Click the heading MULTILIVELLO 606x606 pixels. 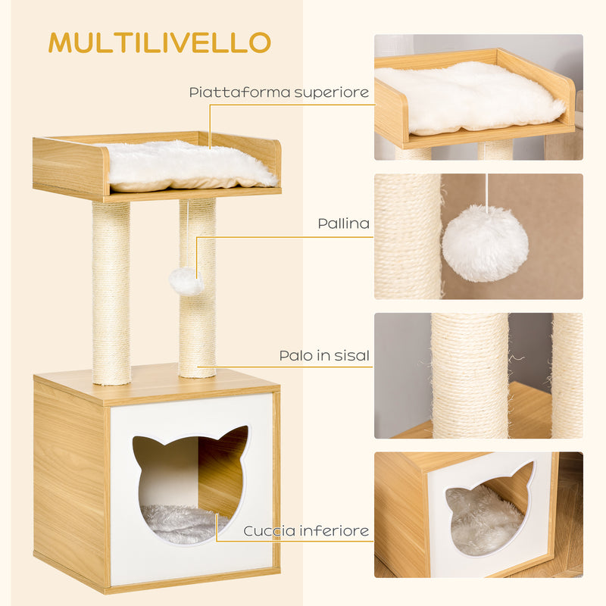[159, 42]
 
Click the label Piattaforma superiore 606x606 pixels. [279, 93]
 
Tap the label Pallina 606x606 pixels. [344, 224]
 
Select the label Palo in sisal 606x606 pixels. [324, 355]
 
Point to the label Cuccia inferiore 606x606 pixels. [306, 530]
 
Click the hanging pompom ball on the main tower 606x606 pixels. [186, 281]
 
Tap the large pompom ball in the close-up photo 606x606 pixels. [485, 243]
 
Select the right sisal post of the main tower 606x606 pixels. [198, 318]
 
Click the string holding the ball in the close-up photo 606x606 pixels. [487, 191]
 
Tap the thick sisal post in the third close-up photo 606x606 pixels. [470, 375]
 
